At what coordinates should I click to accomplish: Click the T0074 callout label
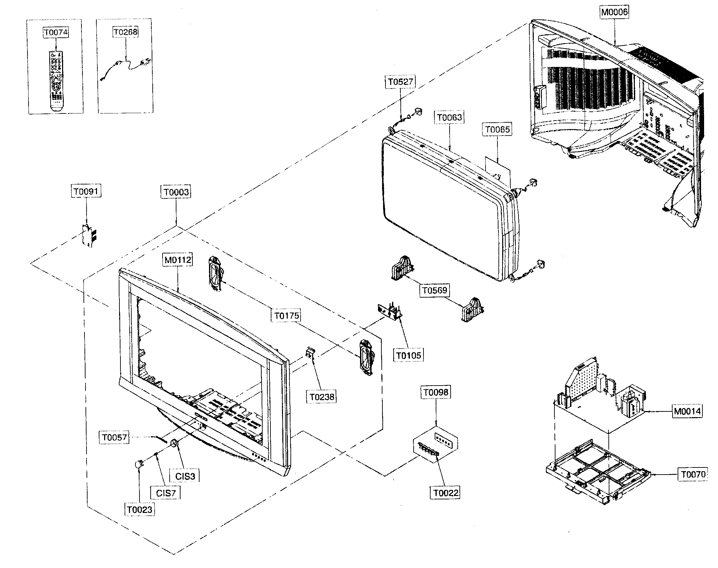tap(56, 33)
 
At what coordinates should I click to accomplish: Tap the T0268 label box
tap(125, 32)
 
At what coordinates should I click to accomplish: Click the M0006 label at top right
tap(615, 12)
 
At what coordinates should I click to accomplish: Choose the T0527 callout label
tap(400, 82)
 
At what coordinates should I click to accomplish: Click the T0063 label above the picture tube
tap(450, 118)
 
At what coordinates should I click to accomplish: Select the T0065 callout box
tap(497, 129)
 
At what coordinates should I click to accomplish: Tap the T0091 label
tap(86, 191)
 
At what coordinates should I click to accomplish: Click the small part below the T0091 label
tap(89, 235)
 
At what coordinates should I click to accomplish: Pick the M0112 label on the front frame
tap(178, 260)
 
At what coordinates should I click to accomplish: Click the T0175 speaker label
tap(287, 316)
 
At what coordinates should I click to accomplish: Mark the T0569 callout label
tap(435, 290)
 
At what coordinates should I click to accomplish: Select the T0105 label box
tap(409, 356)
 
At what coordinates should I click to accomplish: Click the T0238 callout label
tap(322, 396)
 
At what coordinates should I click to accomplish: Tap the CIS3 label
tap(185, 476)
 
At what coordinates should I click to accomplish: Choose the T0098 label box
tap(436, 392)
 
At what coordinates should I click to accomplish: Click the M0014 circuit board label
tap(687, 411)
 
